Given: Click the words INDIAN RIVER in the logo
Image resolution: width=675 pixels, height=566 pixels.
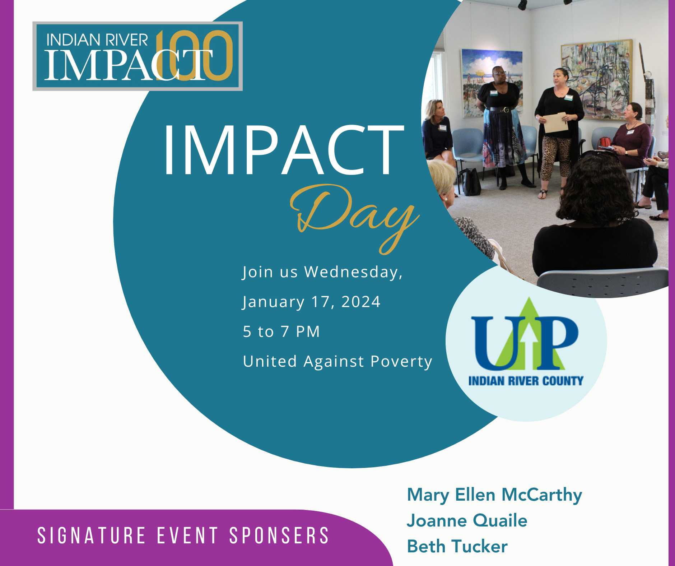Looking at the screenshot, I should [97, 40].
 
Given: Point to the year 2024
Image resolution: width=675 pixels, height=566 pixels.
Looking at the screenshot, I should [360, 302].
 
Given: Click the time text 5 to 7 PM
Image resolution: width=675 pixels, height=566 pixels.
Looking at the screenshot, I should [281, 331].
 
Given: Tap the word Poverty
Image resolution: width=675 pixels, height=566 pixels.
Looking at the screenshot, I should [401, 361].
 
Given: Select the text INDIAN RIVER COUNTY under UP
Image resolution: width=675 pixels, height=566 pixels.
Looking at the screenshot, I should [526, 381].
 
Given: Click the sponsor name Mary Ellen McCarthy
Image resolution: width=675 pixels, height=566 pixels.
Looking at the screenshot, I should [494, 495].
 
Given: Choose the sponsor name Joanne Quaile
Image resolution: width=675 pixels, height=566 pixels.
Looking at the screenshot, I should [467, 521].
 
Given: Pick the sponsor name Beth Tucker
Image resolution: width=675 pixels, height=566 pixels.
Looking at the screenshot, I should [457, 547].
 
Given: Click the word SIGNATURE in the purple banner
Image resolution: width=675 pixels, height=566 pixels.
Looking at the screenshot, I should [92, 535].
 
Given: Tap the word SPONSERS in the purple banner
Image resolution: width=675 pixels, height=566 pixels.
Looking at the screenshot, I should [279, 535].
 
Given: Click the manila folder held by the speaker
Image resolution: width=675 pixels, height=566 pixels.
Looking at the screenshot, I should [556, 122].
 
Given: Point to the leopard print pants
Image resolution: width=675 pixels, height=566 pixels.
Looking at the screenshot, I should [555, 158].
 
